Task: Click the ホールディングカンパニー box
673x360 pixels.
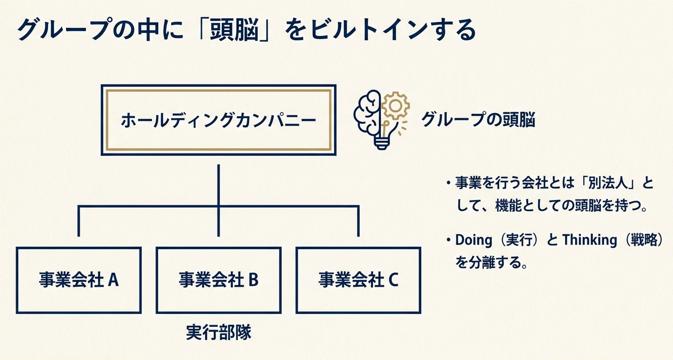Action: [218, 120]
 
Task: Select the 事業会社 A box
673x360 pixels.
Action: [79, 280]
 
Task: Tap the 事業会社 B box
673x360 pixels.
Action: [218, 280]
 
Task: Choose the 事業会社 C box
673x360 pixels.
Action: [358, 280]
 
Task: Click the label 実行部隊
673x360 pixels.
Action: [219, 333]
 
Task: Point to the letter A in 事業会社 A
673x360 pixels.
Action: [113, 280]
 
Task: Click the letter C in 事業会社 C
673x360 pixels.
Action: [393, 280]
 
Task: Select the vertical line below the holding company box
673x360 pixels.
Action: [219, 185]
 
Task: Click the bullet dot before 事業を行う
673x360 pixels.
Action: [447, 183]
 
